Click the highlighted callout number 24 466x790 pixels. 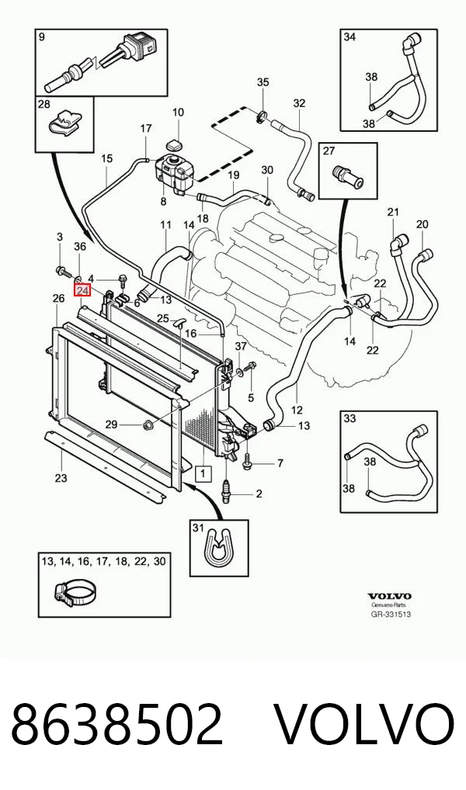tap(82, 291)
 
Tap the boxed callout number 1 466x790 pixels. tap(203, 473)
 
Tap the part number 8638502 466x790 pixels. tap(116, 725)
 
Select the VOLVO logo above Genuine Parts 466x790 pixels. tap(389, 597)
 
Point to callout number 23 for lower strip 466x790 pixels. tap(61, 477)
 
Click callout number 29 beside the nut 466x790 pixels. tap(111, 424)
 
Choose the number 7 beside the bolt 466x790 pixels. tap(280, 463)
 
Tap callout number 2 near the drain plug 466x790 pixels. tap(259, 494)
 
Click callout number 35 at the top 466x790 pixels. tap(263, 81)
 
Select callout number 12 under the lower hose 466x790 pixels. tap(297, 410)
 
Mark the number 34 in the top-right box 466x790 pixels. tap(349, 36)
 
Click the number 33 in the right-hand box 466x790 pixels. tap(349, 418)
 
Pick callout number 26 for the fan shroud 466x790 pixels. tap(58, 298)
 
